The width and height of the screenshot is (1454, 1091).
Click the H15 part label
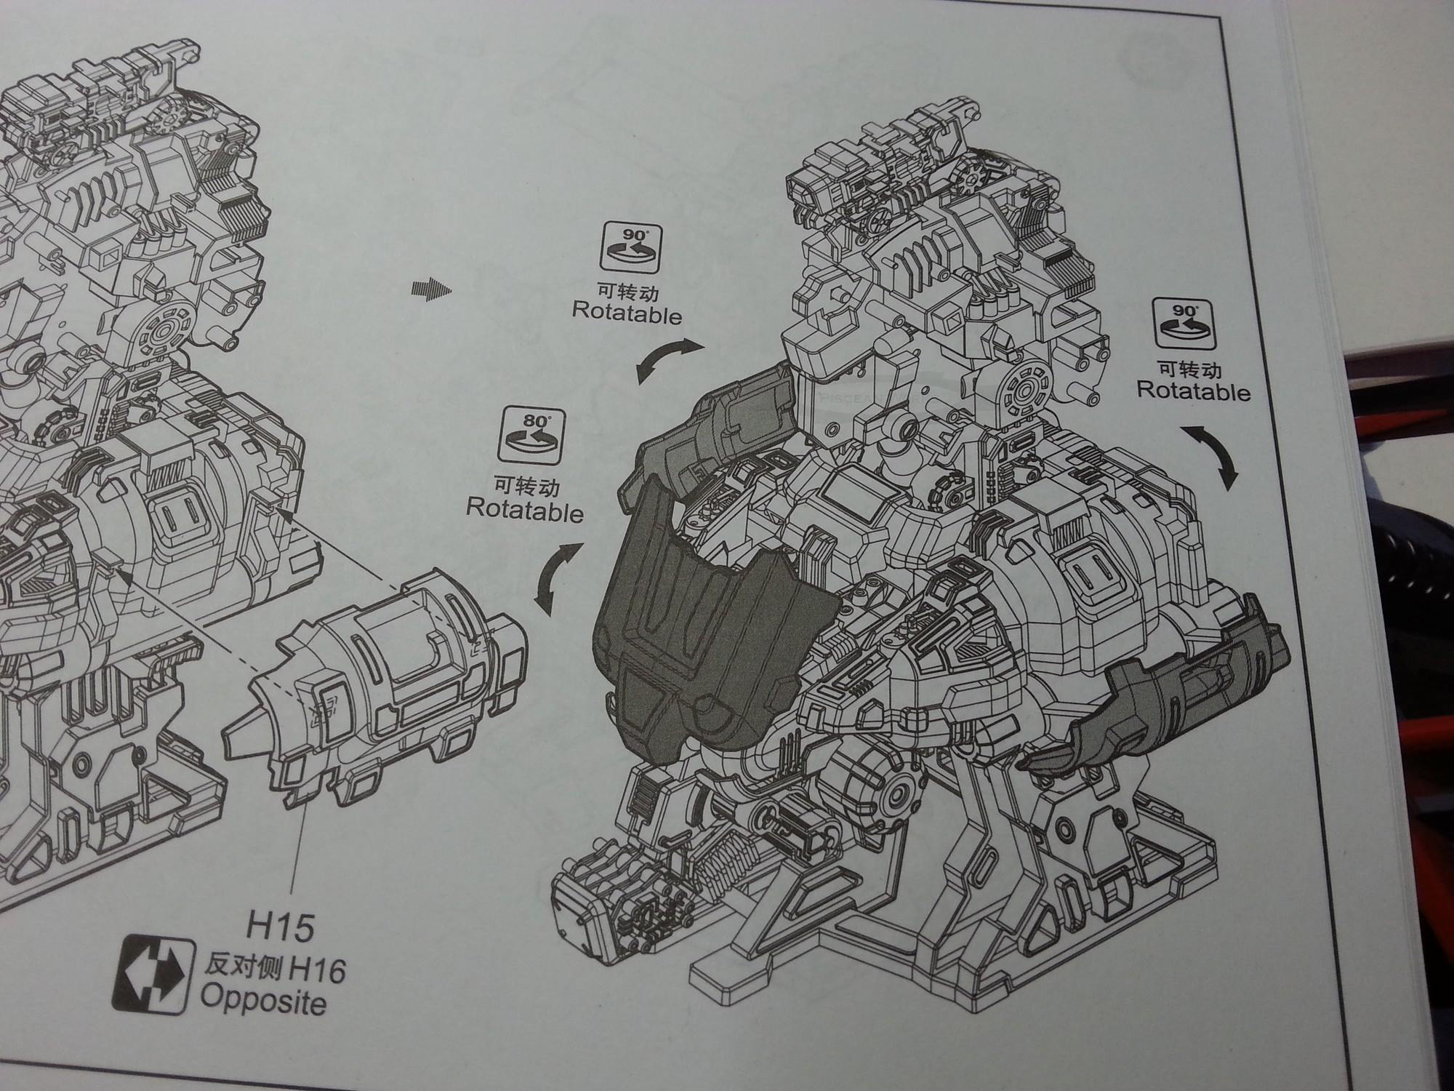tap(280, 928)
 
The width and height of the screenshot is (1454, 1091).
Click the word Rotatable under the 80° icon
tap(524, 509)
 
